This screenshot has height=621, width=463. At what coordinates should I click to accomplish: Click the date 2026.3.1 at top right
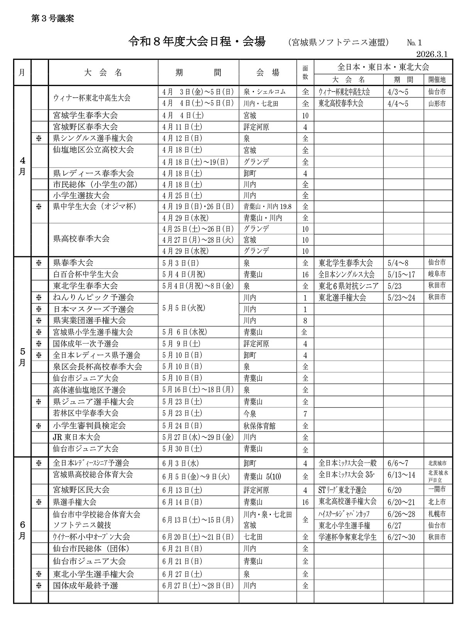coord(431,54)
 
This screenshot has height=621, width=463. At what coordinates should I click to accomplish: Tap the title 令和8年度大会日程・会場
coord(197,42)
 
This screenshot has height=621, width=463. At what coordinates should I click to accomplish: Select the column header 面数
coord(305,72)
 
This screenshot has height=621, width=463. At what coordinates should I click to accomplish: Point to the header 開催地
coord(437,80)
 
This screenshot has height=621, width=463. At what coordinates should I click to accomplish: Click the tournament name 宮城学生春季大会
coord(85,115)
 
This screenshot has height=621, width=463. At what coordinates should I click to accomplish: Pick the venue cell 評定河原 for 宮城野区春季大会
coord(256,127)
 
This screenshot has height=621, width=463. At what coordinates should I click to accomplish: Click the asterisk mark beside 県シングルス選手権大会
coord(39,139)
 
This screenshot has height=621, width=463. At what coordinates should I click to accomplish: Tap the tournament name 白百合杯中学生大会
coord(86,274)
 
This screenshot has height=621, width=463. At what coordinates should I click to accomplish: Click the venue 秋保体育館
coord(260,426)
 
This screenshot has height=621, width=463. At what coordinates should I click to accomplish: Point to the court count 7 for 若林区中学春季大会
coord(305,414)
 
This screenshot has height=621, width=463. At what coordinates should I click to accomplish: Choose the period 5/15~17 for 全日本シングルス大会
coord(402,275)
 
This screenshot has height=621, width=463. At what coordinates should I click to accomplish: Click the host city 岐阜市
coord(437,274)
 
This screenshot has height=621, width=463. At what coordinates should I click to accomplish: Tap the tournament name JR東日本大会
coord(76,437)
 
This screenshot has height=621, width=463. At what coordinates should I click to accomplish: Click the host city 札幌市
coord(437,514)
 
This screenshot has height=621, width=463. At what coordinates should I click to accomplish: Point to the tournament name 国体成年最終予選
coord(85,585)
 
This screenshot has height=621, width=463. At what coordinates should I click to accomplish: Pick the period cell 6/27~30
coord(402,537)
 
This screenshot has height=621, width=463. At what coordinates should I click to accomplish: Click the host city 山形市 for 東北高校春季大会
coord(437,103)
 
